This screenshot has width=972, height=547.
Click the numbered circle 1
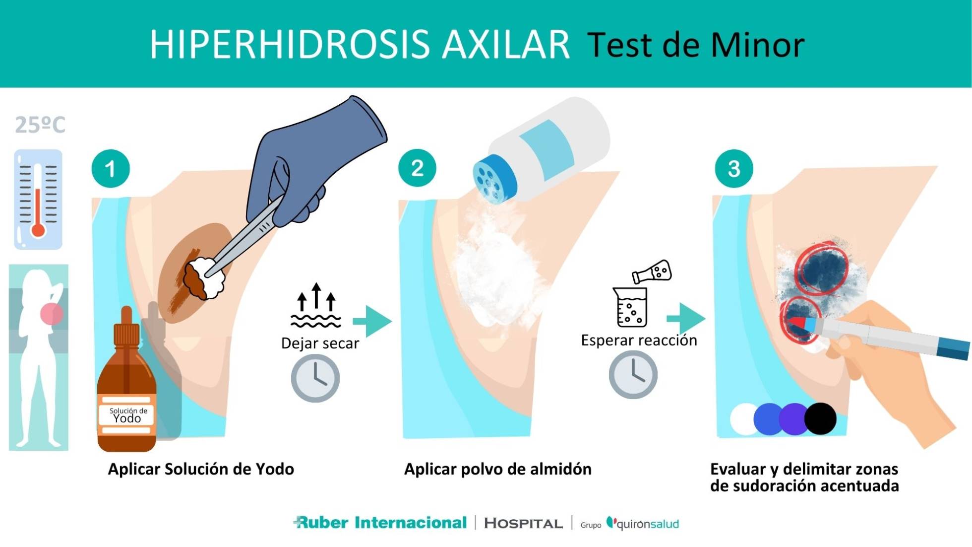[111, 169]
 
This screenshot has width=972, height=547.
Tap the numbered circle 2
[417, 168]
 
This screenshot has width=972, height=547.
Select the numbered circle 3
[733, 169]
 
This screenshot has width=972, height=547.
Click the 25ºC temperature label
[40, 125]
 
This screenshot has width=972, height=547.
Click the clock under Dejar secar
[315, 379]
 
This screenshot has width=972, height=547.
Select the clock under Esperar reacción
[633, 375]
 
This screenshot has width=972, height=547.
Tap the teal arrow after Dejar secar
[373, 321]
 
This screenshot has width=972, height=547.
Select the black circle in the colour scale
[820, 419]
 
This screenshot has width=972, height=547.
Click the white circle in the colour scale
[743, 419]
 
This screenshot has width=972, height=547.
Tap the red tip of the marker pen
[795, 323]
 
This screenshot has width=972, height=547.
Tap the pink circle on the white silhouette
[51, 314]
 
